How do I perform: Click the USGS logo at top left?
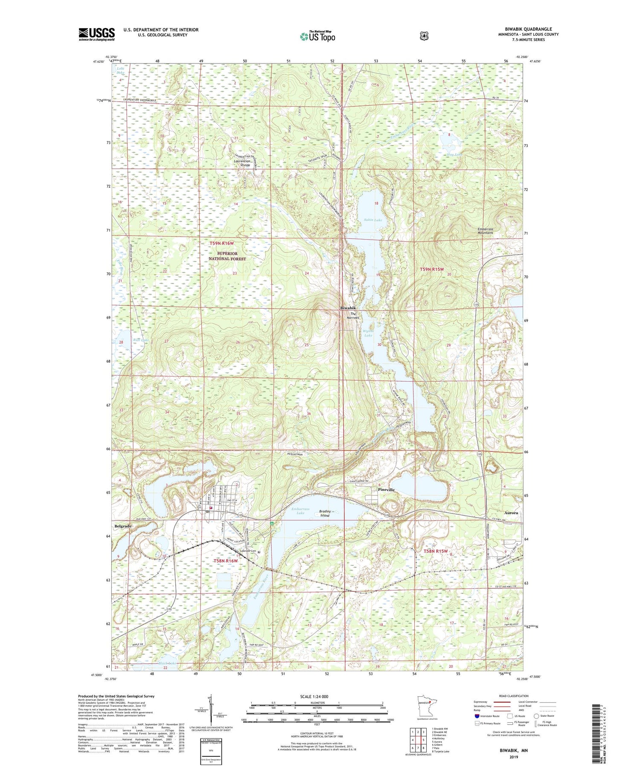pos(96,34)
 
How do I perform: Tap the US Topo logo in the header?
pos(317,36)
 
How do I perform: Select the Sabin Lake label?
pos(372,220)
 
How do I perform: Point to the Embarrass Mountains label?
pos(485,231)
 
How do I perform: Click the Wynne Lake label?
pos(368,333)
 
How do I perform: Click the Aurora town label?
pos(510,513)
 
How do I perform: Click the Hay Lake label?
pos(455,154)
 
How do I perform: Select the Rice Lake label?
pos(140,340)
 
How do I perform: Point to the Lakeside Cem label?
pos(248,551)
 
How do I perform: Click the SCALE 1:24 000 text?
pos(317,697)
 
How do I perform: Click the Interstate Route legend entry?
pos(487,716)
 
